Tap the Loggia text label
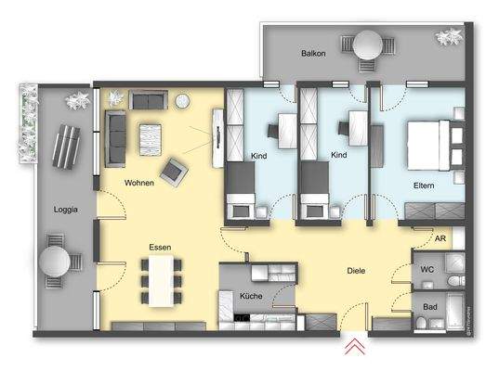pyautogui.click(x=66, y=210)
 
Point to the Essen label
pyautogui.click(x=163, y=248)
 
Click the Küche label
pyautogui.click(x=250, y=297)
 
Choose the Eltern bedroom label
pyautogui.click(x=425, y=185)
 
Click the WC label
pyautogui.click(x=427, y=271)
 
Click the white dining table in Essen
pyautogui.click(x=163, y=278)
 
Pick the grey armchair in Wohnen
pyautogui.click(x=173, y=170)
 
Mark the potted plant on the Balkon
pyautogui.click(x=449, y=39)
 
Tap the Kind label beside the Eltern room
pyautogui.click(x=339, y=156)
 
